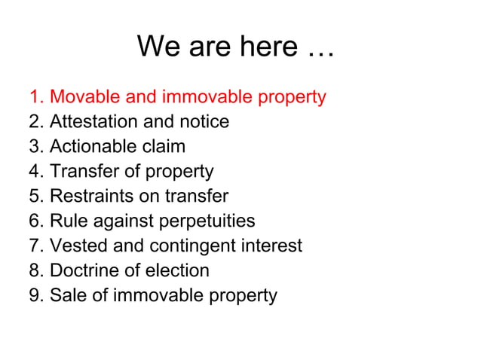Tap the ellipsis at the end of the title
click(320, 49)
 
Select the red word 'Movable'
click(81, 97)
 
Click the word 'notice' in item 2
click(204, 122)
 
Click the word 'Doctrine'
click(82, 270)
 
